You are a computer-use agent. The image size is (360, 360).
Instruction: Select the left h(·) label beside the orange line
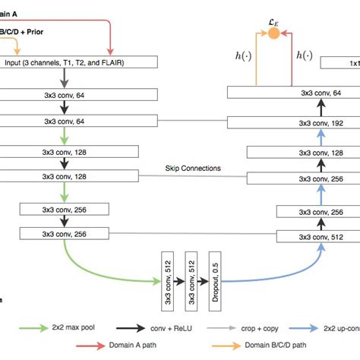coord(245,55)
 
